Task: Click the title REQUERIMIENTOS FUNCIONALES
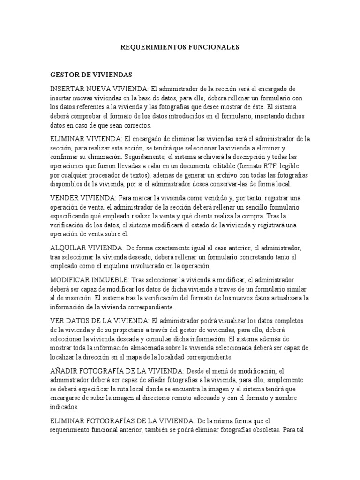180,47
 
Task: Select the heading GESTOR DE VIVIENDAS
91,75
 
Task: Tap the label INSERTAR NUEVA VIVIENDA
99,89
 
